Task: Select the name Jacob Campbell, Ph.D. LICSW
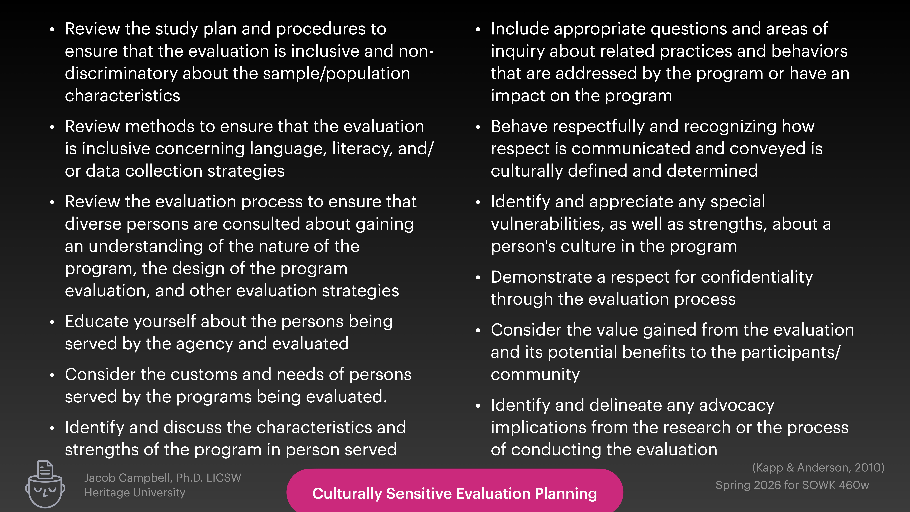(x=163, y=478)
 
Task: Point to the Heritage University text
(x=135, y=493)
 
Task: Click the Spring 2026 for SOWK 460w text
(x=792, y=485)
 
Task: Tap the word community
(x=535, y=375)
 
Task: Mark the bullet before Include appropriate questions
(x=478, y=30)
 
